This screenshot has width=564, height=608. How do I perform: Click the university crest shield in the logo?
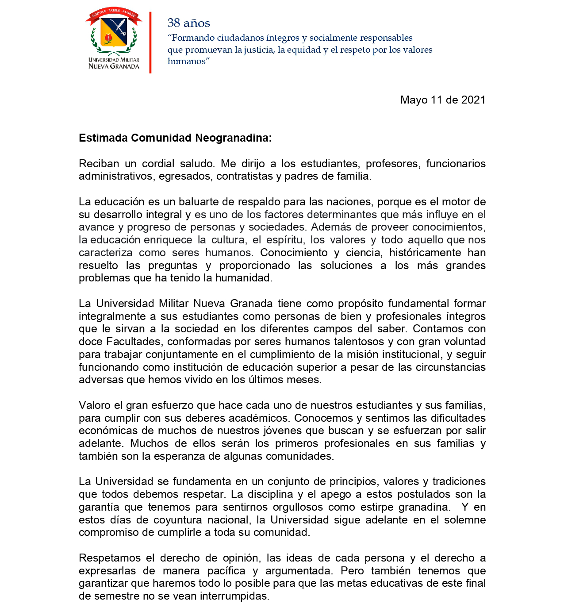coord(114,31)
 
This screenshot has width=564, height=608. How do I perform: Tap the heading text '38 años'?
coord(188,23)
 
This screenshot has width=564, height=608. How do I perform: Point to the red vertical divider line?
coord(150,42)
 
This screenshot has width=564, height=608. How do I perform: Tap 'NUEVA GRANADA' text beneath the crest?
coord(114,66)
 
